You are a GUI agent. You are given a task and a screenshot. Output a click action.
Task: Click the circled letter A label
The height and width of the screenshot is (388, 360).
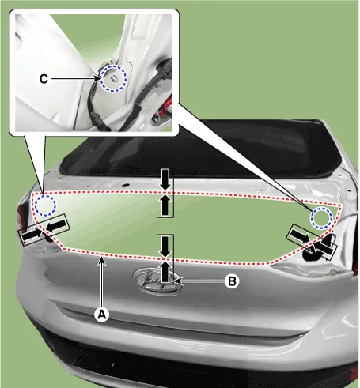coord(102,315)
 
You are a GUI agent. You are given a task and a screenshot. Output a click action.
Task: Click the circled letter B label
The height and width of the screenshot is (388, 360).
coord(232,281)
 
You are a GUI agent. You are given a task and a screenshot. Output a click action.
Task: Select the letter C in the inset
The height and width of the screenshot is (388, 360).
coord(44,79)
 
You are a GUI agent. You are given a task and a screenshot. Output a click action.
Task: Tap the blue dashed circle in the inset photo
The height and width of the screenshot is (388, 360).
coord(114,78)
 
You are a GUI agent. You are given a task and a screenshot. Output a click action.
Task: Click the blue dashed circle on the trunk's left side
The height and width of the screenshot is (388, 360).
coord(45,205)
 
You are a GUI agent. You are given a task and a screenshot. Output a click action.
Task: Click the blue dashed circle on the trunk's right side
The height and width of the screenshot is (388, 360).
coord(321,218)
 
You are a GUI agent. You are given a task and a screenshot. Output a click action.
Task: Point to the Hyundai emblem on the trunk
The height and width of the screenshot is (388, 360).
coord(157,281)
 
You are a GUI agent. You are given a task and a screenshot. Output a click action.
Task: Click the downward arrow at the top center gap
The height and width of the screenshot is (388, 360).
coord(165,179)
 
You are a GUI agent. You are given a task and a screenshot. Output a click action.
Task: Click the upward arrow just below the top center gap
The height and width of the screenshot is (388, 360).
coord(165,205)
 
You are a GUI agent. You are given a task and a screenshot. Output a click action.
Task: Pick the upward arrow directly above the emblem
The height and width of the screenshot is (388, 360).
coord(165,270)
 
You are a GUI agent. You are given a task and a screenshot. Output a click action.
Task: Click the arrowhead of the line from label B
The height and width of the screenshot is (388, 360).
coord(178,281)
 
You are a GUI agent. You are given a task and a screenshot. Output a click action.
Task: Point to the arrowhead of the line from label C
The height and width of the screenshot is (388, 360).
coord(97,78)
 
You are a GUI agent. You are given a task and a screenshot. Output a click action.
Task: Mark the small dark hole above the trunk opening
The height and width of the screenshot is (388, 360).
coord(126,185)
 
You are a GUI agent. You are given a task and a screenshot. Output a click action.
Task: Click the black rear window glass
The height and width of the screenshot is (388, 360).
coord(200,150)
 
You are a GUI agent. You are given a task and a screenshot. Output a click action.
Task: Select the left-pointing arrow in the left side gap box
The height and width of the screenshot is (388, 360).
coord(56,226)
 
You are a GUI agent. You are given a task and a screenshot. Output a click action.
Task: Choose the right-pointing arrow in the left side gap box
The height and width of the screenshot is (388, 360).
coord(32,235)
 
